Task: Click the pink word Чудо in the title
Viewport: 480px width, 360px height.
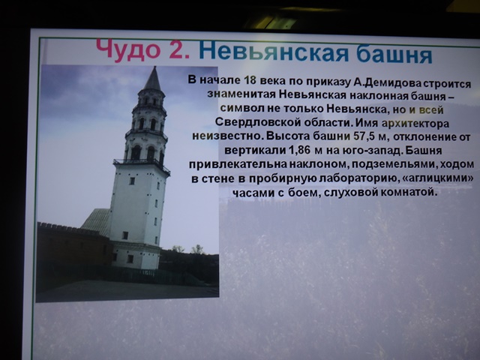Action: [x=128, y=49]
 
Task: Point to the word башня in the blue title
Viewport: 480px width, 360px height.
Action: [x=394, y=54]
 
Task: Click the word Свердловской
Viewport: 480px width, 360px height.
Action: [x=258, y=121]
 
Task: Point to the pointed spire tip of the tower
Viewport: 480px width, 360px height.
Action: [x=154, y=67]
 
